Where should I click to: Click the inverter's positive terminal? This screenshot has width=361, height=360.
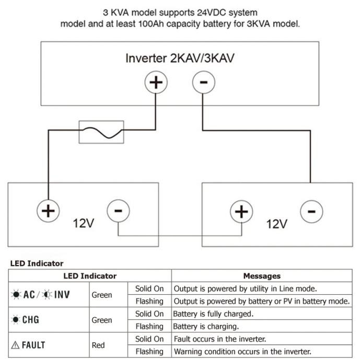[x=156, y=82]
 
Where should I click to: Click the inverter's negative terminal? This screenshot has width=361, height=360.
[x=204, y=82]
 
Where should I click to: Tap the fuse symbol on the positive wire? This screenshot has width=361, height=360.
[x=101, y=132]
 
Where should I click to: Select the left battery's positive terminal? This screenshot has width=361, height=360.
[x=48, y=211]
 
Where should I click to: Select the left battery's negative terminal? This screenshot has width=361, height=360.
[x=119, y=211]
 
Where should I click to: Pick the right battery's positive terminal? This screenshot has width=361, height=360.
[x=241, y=211]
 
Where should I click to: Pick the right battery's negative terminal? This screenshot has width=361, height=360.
[x=312, y=211]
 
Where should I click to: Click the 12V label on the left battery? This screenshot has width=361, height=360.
[x=84, y=223]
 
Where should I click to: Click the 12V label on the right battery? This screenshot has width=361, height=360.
[x=277, y=224]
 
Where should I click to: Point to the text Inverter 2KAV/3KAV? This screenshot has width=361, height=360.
[x=180, y=58]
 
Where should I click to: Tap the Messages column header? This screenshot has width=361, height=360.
[x=262, y=276]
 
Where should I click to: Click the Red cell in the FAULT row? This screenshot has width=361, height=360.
[x=98, y=345]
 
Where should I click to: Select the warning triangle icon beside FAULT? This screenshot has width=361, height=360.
[x=15, y=345]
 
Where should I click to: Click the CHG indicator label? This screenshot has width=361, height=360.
[x=31, y=320]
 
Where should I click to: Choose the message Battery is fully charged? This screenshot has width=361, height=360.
[x=213, y=314]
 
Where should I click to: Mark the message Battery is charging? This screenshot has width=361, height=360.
[x=206, y=327]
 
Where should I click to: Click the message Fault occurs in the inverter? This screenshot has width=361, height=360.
[x=220, y=339]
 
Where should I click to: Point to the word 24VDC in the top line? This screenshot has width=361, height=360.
[x=212, y=13]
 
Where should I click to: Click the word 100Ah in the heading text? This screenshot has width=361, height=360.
[x=150, y=23]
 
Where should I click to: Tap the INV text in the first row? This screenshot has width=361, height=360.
[x=62, y=294]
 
